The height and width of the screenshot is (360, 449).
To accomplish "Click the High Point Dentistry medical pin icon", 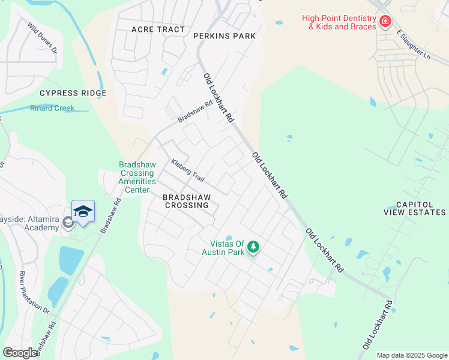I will [385, 22].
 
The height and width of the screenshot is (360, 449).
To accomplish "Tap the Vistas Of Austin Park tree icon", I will [253, 247].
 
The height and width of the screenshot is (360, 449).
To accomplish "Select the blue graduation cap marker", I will [83, 212].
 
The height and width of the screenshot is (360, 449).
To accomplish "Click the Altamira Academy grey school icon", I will [68, 223].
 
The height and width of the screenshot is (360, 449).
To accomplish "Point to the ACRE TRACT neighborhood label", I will [158, 29].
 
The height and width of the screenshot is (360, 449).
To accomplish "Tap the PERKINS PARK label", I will [224, 36].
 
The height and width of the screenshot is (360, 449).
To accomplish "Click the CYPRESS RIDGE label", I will [73, 93].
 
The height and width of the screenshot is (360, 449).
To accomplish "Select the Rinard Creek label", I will [52, 108].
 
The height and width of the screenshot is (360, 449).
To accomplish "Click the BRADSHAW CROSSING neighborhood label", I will [186, 200].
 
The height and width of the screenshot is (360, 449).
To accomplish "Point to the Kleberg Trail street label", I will [187, 171].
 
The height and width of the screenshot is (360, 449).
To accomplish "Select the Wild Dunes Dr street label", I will [41, 38].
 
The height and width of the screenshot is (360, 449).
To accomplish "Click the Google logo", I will [20, 352].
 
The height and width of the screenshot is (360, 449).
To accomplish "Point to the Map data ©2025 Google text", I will [412, 355].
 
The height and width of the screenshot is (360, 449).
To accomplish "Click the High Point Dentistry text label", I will [339, 22].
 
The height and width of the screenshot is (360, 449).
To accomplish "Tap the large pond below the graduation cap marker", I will [71, 260].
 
